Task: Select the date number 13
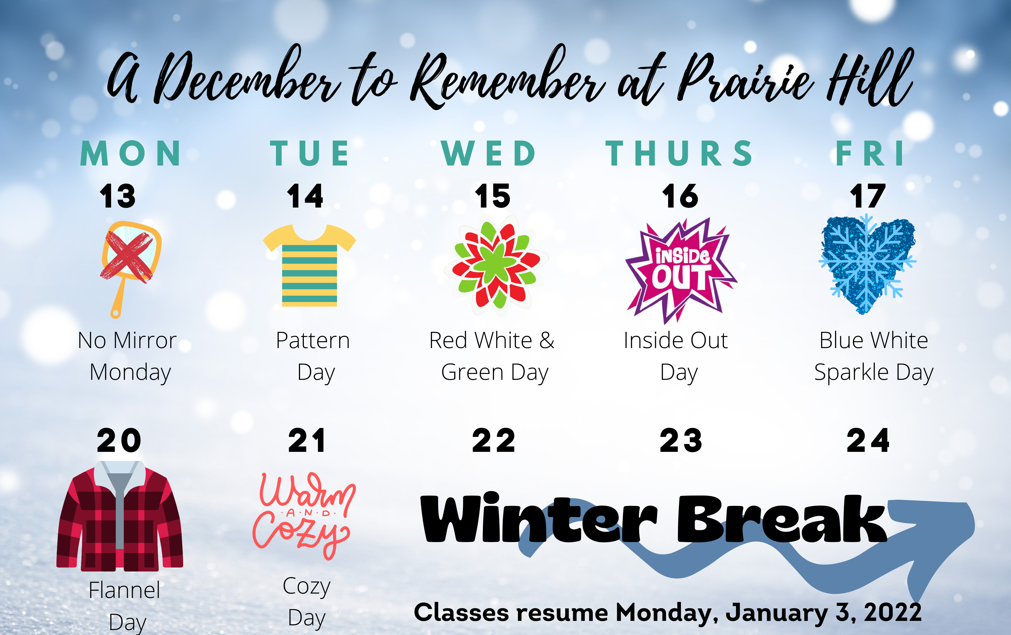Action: point(118,196)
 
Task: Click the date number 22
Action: point(493,441)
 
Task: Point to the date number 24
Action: point(868,441)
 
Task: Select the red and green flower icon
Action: point(496,264)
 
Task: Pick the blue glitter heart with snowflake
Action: point(867,265)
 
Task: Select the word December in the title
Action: point(248,78)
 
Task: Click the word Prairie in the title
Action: point(745,80)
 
